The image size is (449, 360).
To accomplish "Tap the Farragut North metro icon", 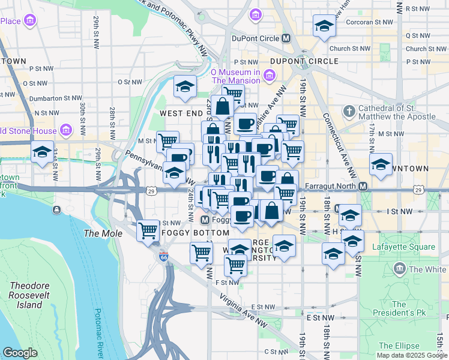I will [x=363, y=187].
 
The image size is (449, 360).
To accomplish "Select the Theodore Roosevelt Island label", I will [x=26, y=295].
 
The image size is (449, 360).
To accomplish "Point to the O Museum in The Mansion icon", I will [x=270, y=76].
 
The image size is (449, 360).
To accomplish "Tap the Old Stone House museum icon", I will [x=65, y=130].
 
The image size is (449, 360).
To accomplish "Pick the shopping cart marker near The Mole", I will [x=147, y=230].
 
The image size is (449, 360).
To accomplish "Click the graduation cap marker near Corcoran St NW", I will [x=324, y=25].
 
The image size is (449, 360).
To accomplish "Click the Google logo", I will [x=20, y=353].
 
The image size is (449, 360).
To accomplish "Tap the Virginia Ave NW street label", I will [x=243, y=310].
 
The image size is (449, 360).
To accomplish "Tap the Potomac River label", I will [x=99, y=333].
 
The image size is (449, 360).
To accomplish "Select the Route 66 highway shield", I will [x=164, y=257].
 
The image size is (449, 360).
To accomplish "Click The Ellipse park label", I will [x=399, y=346].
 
